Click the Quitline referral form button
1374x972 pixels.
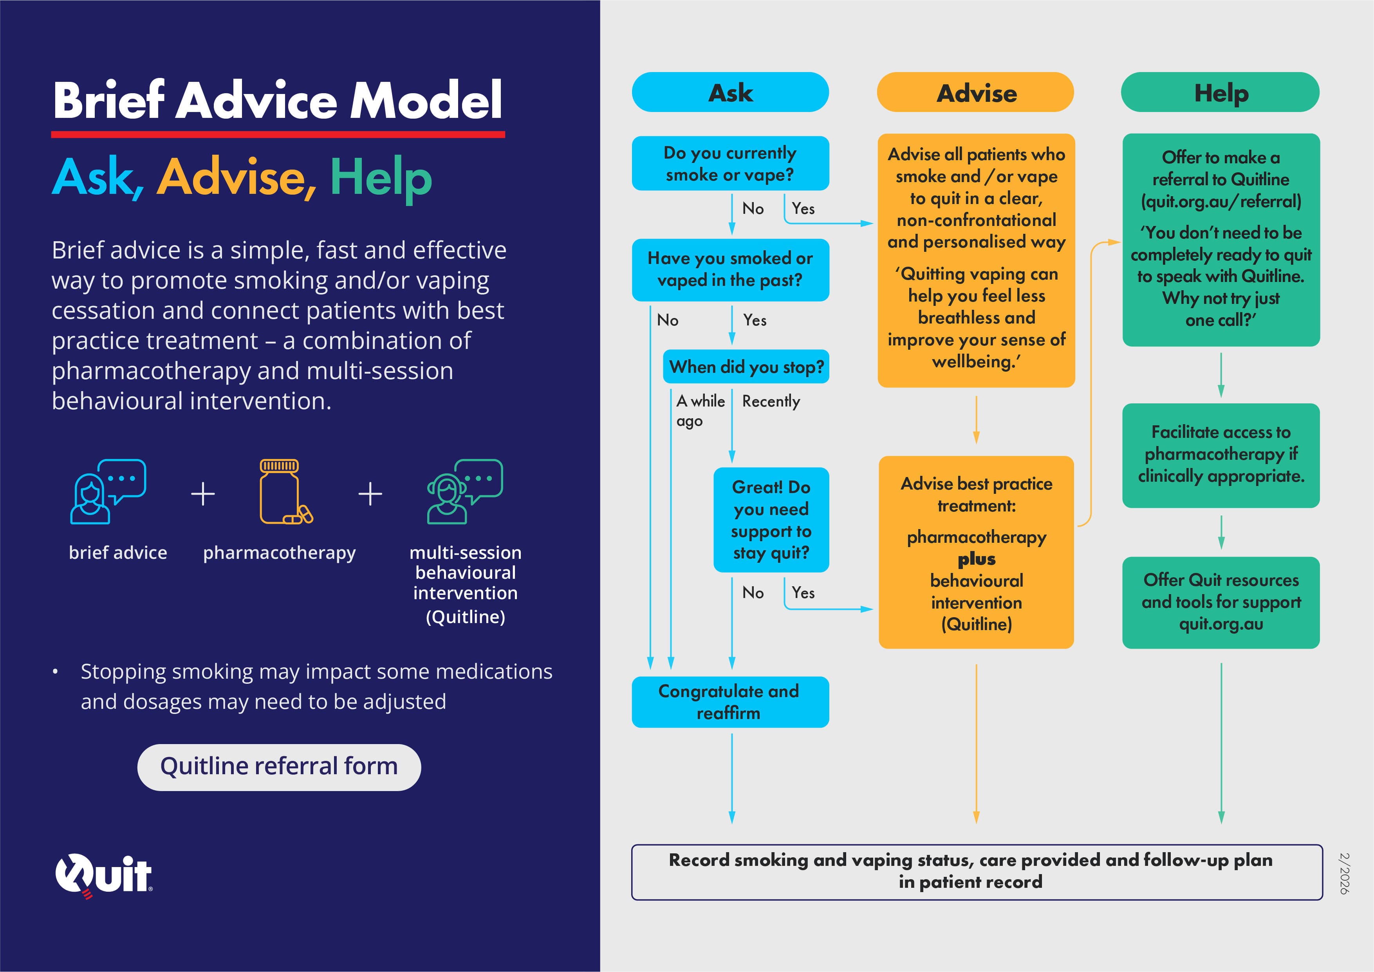(279, 767)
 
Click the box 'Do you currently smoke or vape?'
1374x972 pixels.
(730, 163)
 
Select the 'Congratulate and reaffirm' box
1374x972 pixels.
(730, 702)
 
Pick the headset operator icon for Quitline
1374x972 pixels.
(464, 492)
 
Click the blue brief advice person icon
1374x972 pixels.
(108, 492)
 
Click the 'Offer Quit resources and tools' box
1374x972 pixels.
(1221, 602)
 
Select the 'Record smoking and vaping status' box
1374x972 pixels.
(976, 871)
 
